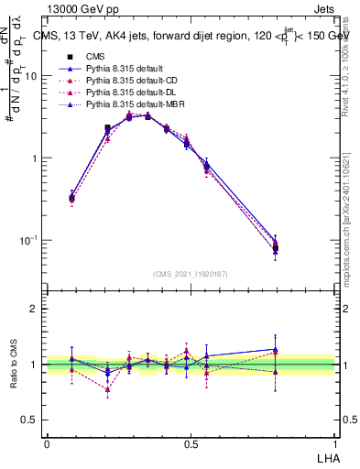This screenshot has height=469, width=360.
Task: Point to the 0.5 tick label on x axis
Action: tap(191, 442)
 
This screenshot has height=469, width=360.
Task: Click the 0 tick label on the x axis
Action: tap(48, 442)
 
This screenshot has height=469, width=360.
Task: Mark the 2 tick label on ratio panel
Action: tap(36, 309)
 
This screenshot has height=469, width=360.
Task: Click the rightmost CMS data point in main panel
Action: tap(276, 248)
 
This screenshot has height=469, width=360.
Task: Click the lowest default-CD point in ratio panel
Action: tap(108, 389)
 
